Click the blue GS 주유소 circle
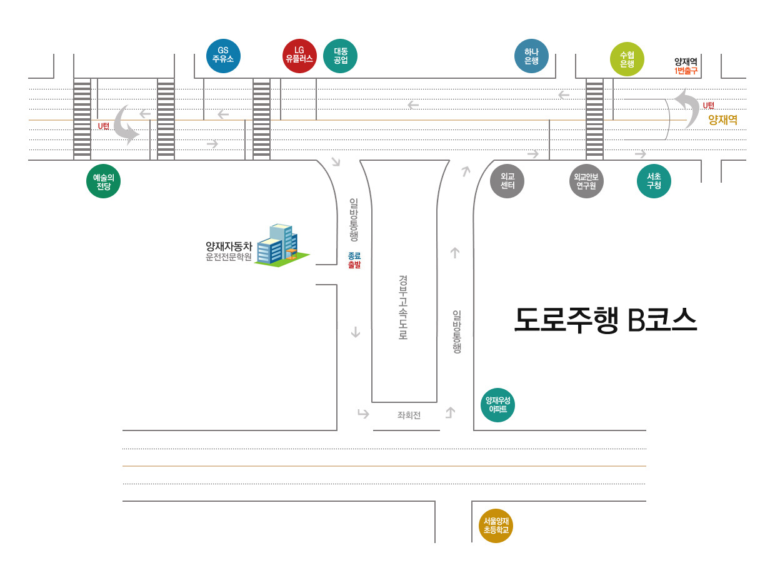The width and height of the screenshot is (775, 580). [223, 56]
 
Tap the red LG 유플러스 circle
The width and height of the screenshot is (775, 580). [299, 56]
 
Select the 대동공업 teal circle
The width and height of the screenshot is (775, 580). [341, 56]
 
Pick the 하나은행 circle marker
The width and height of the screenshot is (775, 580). [531, 56]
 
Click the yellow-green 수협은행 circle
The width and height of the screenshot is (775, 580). [627, 59]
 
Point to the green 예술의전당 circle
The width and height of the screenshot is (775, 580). [103, 181]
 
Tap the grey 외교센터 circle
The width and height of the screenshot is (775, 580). [507, 181]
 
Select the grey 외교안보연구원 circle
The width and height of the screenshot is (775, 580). [586, 181]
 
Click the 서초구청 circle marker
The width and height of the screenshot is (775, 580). [654, 181]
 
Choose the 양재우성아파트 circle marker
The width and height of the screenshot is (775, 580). [497, 405]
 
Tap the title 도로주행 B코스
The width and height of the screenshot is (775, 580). [605, 320]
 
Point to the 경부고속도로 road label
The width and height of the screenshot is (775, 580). [403, 307]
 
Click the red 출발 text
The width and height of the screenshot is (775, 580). [354, 265]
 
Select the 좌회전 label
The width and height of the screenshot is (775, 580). [409, 415]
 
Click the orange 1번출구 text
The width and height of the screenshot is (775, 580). [686, 71]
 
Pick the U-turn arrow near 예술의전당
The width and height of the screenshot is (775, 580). [127, 125]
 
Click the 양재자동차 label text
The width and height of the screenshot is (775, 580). [229, 246]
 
